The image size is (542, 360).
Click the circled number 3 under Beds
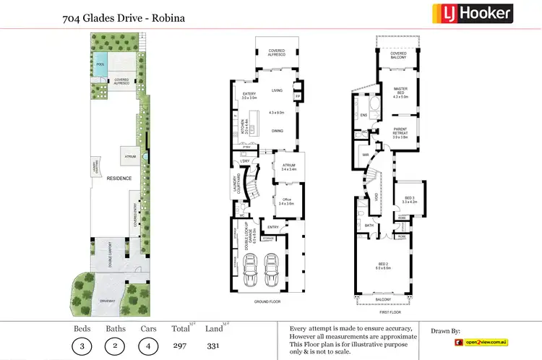83,346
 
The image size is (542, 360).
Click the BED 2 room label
383,265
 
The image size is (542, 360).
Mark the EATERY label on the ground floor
249,95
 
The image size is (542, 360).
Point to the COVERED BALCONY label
398,55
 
